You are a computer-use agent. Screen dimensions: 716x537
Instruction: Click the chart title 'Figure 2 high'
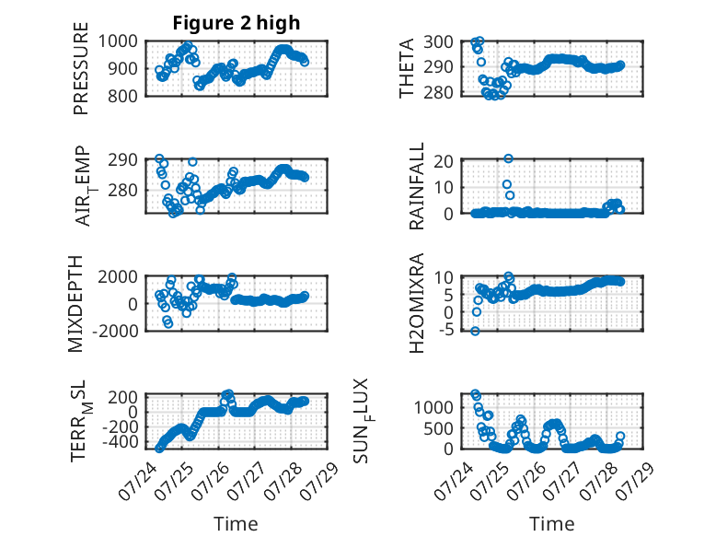coord(237,23)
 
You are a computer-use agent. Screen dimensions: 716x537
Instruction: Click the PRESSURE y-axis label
coord(80,68)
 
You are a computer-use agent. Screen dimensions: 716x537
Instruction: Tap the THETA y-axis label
coord(406,68)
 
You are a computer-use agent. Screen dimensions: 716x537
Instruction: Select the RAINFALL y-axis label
coord(417,186)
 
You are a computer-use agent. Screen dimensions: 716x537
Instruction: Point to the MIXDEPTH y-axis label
coord(75,304)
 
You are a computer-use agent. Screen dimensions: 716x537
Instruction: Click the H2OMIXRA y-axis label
coord(417,303)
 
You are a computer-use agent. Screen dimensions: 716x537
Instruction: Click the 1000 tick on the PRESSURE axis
coord(118,41)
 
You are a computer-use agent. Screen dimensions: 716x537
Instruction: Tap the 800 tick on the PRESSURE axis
coord(122,96)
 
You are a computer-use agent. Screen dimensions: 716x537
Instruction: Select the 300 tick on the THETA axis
coord(438,42)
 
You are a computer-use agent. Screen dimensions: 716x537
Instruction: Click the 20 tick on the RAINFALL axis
coord(444,161)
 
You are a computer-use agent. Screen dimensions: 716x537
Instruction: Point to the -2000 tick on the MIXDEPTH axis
coord(115,331)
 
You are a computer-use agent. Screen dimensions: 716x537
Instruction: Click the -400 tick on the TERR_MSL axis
coord(120,442)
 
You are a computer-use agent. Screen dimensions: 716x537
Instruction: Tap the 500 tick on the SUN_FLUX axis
coord(438,428)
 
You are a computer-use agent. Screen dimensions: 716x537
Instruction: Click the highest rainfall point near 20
coord(508,158)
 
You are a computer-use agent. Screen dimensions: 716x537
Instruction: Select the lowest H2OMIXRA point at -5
coord(476,331)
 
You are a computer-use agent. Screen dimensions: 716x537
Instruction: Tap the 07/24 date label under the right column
coord(449,481)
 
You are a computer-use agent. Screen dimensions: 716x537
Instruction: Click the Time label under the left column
coord(236,524)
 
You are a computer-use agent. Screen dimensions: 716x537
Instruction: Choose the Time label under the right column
coord(551,524)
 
